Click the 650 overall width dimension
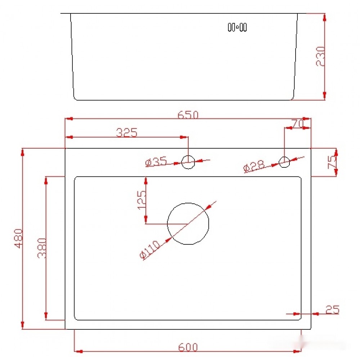click(x=188, y=114)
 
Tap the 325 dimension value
click(x=126, y=132)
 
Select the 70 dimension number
click(x=298, y=124)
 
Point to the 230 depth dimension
click(x=320, y=56)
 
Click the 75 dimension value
click(x=332, y=162)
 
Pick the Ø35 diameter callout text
click(x=156, y=162)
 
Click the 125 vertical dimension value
click(x=141, y=200)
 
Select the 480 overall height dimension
click(x=18, y=238)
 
